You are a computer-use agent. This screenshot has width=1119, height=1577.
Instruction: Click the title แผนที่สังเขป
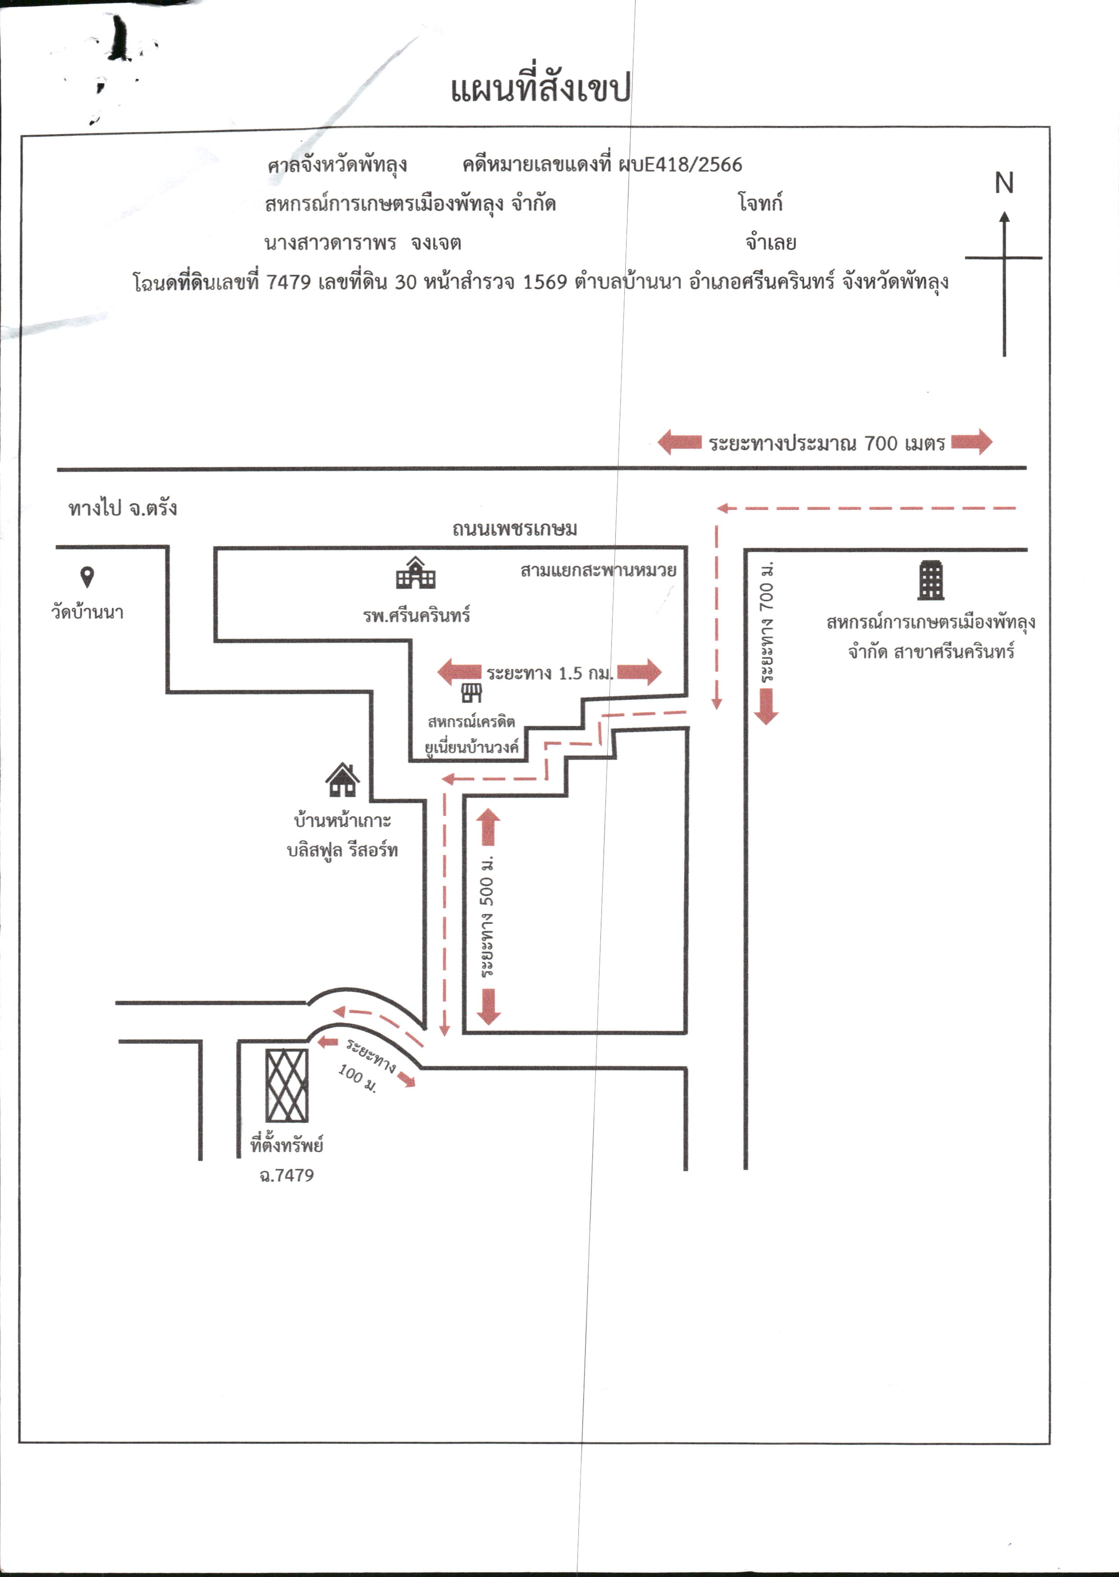541,88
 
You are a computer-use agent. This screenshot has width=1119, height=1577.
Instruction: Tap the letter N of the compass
1004,183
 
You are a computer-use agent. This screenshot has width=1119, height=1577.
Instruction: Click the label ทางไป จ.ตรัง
123,508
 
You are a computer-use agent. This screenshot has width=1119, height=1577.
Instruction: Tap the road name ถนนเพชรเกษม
515,528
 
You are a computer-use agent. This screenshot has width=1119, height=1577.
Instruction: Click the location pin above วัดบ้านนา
87,576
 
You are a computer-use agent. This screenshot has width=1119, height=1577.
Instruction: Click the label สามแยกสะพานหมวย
598,570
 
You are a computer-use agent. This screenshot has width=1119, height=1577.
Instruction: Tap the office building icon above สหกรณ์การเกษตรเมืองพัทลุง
931,580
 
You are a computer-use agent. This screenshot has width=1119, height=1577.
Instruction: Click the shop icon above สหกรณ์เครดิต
471,693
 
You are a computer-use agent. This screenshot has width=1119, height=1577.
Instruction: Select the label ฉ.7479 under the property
287,1176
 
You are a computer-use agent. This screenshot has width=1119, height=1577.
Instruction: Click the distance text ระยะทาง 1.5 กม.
550,673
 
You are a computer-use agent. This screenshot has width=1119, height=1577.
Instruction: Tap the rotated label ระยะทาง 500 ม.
487,916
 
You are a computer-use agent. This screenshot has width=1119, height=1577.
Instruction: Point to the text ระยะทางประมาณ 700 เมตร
827,443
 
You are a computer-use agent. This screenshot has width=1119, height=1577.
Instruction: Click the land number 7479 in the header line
288,282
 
